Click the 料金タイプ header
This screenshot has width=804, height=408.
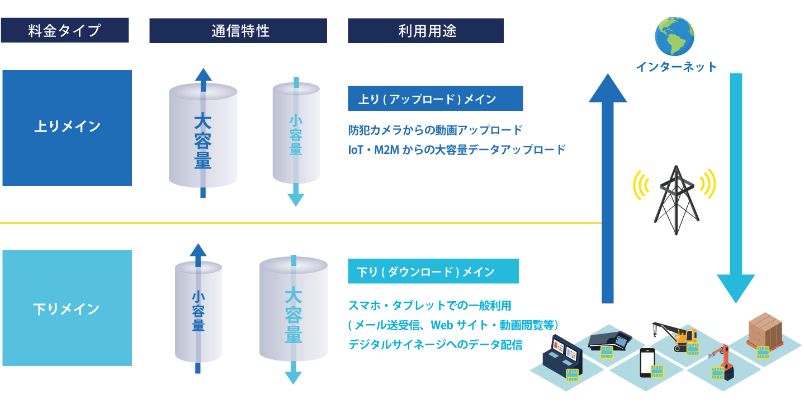(x=64, y=30)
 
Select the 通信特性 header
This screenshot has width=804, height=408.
(x=238, y=30)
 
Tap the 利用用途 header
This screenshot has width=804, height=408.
(x=425, y=30)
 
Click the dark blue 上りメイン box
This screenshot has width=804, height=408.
(x=67, y=127)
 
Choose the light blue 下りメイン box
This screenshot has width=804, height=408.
(x=67, y=308)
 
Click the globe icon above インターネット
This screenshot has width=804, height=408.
(x=675, y=36)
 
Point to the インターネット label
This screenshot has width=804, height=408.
(x=676, y=67)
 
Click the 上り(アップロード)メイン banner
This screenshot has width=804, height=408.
(x=435, y=99)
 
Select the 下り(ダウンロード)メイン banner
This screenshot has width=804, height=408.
(x=433, y=271)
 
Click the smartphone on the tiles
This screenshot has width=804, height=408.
(x=647, y=362)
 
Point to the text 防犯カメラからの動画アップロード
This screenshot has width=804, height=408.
(x=435, y=130)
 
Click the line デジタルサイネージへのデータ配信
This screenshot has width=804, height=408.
(x=435, y=345)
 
